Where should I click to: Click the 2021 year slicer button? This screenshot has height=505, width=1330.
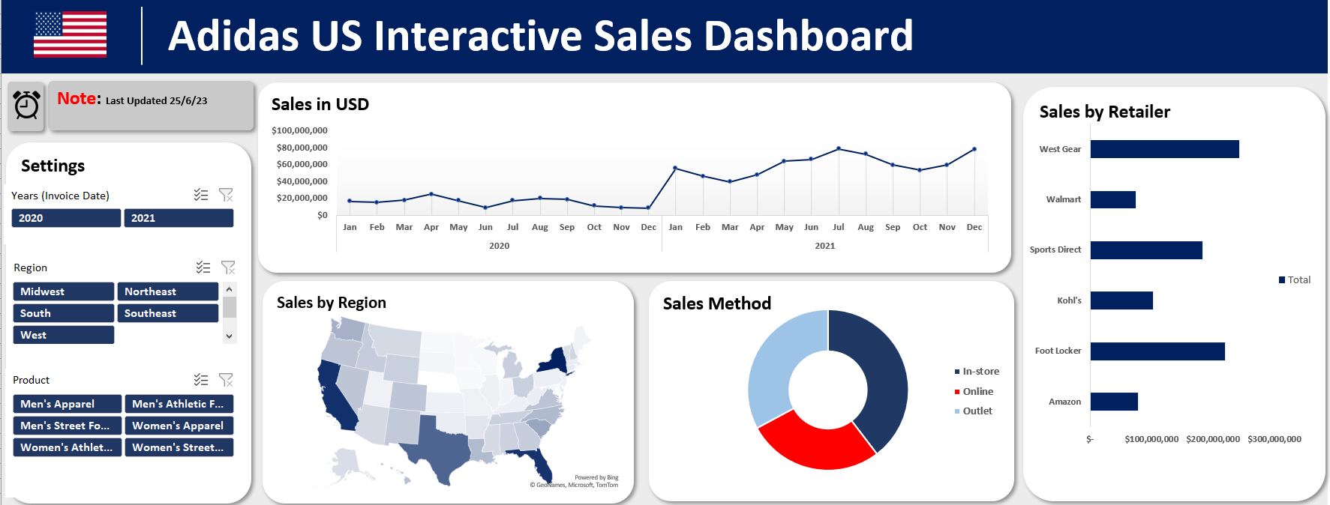tap(179, 218)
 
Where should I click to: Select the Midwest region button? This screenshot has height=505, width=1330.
tap(63, 291)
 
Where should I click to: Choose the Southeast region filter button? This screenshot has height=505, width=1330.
tap(167, 313)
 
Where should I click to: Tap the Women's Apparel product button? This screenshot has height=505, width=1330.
tap(179, 426)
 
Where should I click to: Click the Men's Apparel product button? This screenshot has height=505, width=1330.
tap(67, 404)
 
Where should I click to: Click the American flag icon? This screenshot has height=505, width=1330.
tap(70, 35)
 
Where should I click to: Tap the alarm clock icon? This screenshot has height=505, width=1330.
tap(27, 105)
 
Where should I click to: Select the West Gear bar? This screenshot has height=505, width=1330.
tap(1164, 149)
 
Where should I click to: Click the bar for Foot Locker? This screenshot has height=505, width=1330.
tap(1157, 351)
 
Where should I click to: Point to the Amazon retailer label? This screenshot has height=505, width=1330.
tap(1064, 402)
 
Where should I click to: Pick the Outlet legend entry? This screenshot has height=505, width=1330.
tap(977, 411)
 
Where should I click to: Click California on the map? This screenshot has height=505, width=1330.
tap(335, 397)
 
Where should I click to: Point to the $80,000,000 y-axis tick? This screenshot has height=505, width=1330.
tap(302, 148)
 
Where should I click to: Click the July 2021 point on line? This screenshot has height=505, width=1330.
tap(838, 148)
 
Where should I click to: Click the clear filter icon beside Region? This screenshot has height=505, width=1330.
tap(228, 267)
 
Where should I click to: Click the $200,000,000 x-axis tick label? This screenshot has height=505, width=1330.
tap(1212, 439)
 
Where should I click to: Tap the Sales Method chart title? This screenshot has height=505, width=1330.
tap(716, 303)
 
